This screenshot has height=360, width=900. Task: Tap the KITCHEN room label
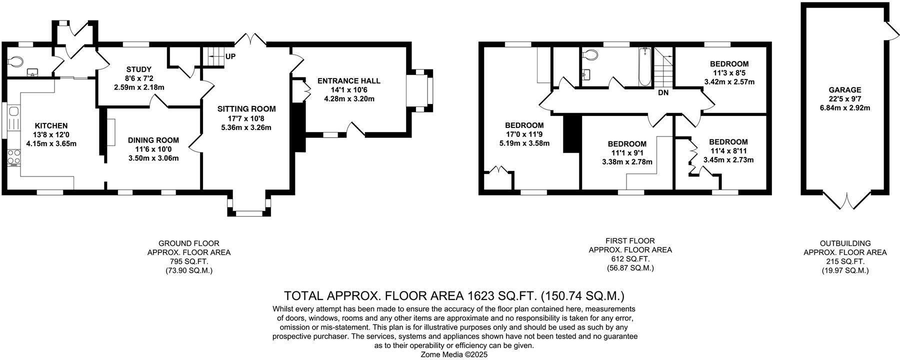[x=50, y=126]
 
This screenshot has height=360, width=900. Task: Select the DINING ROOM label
[x=152, y=140]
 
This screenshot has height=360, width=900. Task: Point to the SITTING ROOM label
[x=246, y=109]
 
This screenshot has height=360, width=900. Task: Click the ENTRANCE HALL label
[x=348, y=81]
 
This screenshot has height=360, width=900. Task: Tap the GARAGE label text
[x=845, y=90]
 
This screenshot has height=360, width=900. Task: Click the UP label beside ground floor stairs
[x=230, y=56]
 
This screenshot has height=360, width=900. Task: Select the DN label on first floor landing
[x=663, y=93]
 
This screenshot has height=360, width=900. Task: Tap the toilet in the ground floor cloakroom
[x=15, y=61]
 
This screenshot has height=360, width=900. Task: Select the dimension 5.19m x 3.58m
[x=524, y=143]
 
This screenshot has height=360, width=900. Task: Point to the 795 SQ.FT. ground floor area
[x=188, y=261]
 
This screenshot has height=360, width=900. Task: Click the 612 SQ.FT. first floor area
[x=630, y=259]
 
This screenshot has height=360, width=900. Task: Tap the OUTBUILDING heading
[x=845, y=243]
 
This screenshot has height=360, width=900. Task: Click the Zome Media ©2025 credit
[x=454, y=354]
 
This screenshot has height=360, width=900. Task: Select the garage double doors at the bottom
[x=845, y=202]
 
